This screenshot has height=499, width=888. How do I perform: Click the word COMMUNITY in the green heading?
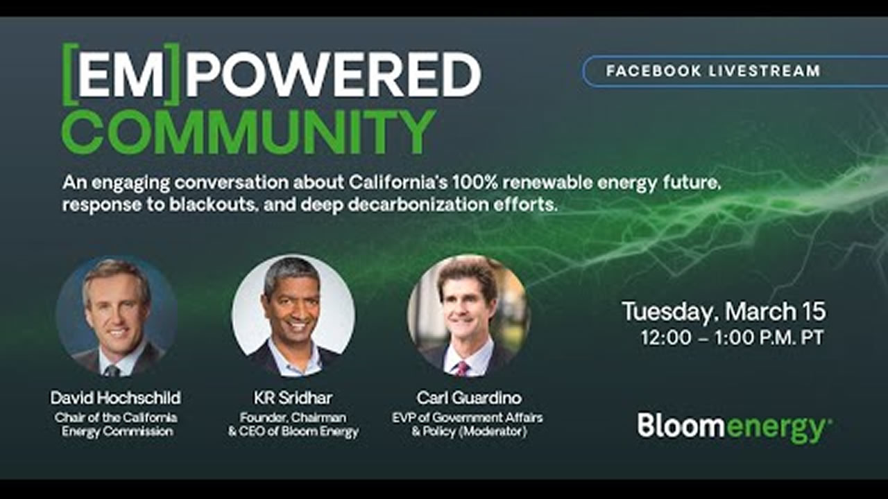(248, 132)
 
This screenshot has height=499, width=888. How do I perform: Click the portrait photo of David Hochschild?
(117, 316)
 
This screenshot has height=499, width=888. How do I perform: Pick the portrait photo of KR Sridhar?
(293, 316)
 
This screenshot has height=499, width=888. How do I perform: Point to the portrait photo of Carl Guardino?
(469, 316)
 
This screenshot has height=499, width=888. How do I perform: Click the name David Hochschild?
(115, 398)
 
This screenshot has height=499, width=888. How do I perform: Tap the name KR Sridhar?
(293, 398)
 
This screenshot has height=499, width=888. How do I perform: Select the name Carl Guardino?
(469, 398)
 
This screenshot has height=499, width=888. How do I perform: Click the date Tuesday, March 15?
(724, 312)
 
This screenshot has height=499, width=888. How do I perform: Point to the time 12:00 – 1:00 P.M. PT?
(732, 338)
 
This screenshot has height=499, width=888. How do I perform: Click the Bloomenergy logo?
(735, 427)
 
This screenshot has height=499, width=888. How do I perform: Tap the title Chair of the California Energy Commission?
(116, 424)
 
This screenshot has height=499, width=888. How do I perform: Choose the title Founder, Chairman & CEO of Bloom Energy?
(293, 424)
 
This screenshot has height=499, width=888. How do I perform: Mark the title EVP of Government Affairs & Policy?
(468, 424)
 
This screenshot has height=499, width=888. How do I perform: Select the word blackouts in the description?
(212, 204)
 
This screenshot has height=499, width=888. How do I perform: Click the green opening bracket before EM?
(69, 74)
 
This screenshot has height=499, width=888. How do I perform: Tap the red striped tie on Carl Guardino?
(462, 368)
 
